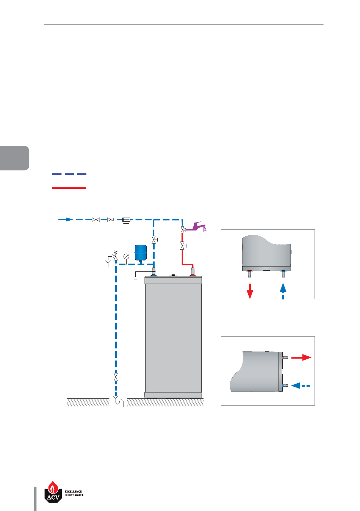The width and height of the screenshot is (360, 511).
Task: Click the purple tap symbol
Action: [x=196, y=227]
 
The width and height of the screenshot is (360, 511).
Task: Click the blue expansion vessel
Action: [x=141, y=253]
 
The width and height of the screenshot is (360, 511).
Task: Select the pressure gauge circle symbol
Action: [x=126, y=256]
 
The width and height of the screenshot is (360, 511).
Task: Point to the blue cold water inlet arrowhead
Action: [x=69, y=219]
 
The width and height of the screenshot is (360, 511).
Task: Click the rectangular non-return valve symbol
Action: [x=126, y=220]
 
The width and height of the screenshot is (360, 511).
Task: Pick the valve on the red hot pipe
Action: [x=183, y=246]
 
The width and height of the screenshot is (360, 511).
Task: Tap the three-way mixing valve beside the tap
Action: [x=183, y=230]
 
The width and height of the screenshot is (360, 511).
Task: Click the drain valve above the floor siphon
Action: [x=115, y=377]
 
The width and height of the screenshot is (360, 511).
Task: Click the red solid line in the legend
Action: [x=69, y=188]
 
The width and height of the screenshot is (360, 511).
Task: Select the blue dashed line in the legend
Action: [x=69, y=174]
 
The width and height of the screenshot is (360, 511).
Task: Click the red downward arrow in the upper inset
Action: [x=250, y=291]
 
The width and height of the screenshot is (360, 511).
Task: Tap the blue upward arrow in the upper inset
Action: [x=283, y=291]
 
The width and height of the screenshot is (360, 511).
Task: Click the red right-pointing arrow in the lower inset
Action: [x=301, y=357]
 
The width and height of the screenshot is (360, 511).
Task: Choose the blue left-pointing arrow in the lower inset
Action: [x=301, y=386]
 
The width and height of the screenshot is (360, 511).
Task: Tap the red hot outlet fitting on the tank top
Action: [x=193, y=272]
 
